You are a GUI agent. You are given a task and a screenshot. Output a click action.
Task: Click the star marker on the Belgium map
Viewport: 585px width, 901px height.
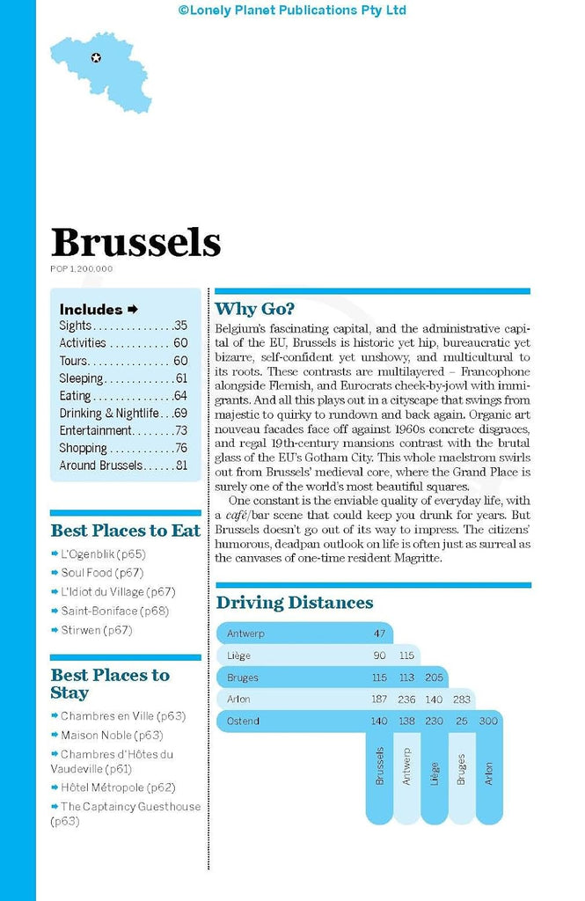96,58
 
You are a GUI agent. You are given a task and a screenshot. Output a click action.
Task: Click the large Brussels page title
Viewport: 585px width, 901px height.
135,242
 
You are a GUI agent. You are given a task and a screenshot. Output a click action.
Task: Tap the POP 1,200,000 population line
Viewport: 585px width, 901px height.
82,269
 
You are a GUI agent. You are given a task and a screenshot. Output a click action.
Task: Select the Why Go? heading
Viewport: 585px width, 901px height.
254,309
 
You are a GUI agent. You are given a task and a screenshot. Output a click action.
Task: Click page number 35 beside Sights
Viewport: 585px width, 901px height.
180,326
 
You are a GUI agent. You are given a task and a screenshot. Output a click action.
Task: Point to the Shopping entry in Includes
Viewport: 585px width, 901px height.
84,449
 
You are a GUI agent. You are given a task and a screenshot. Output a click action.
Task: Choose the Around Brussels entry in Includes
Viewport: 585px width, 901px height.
101,466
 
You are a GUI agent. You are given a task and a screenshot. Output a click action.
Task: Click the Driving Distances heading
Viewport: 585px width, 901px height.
295,603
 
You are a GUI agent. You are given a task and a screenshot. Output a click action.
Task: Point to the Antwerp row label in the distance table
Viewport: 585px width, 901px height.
245,634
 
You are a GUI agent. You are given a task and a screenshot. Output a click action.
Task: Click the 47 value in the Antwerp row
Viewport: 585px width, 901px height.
379,634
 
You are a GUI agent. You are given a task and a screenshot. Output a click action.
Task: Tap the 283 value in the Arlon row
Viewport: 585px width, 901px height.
462,700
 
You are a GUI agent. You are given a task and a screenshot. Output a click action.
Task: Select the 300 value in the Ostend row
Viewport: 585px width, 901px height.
489,722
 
